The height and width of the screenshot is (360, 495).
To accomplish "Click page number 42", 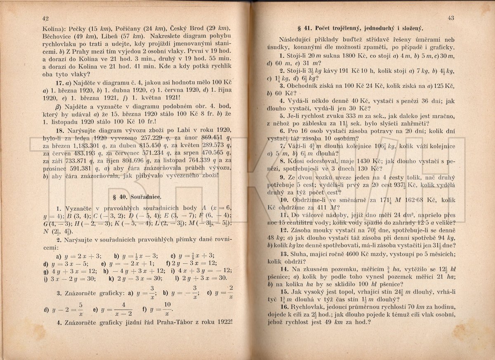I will [46, 18].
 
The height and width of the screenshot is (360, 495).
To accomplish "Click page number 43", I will [450, 18].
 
